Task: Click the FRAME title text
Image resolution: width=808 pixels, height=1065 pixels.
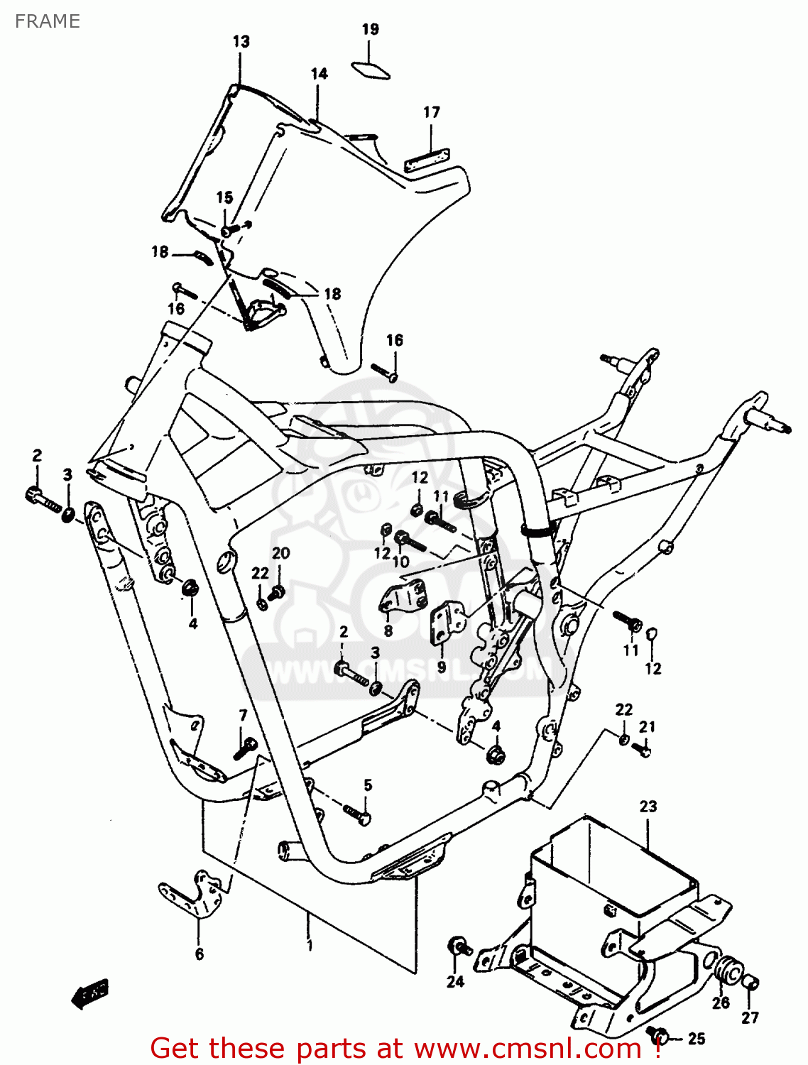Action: coord(47,21)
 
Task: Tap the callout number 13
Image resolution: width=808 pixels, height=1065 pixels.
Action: coord(241,41)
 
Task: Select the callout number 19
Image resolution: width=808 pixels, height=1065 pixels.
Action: coord(370,29)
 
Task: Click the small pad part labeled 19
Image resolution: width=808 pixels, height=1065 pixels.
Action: coord(371,70)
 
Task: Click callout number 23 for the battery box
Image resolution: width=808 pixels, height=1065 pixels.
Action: coord(648,807)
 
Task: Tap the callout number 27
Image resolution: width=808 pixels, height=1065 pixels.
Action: coord(750,1017)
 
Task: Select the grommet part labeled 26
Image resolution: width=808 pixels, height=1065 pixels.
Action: coord(725,970)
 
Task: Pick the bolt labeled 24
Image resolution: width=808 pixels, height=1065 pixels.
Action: coord(457,947)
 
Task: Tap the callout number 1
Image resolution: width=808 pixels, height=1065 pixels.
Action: coord(310,945)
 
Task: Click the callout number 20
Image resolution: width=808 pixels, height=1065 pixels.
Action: coord(281,553)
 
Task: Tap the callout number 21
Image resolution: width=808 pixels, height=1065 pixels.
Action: coord(647,726)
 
